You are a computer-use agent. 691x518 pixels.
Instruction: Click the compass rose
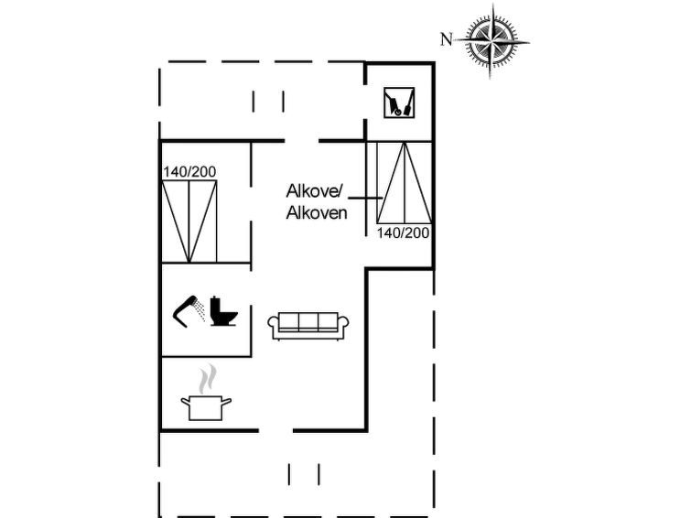(x=491, y=42)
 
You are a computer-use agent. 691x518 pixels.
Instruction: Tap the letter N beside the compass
(x=447, y=39)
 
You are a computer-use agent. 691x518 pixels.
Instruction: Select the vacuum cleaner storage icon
(x=399, y=103)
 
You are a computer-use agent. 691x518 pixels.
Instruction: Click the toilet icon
(x=223, y=311)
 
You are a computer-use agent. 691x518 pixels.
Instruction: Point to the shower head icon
(x=185, y=310)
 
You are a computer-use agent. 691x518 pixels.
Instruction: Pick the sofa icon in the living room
(x=308, y=326)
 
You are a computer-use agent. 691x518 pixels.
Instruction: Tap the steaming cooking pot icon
(x=206, y=393)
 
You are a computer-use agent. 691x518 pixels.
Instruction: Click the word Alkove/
(x=314, y=191)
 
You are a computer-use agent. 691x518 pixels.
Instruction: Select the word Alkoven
(x=317, y=213)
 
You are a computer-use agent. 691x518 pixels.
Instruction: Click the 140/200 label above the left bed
(x=190, y=172)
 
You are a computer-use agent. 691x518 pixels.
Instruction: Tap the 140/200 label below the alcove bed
(x=403, y=232)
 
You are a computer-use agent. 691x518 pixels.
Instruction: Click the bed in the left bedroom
(x=189, y=221)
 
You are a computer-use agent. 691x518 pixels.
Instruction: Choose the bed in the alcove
(x=405, y=182)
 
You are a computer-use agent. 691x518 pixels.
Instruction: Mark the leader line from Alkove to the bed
(x=365, y=199)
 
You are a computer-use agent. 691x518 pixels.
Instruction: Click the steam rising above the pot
(x=207, y=379)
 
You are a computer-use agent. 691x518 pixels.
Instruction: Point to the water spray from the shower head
(x=200, y=311)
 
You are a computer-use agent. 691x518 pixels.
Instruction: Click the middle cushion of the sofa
(x=308, y=321)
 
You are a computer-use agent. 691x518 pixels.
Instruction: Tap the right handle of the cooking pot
(x=226, y=401)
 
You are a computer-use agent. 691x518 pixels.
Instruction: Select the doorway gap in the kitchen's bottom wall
(x=275, y=430)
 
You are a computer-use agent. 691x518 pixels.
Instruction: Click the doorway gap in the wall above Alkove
(x=301, y=141)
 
